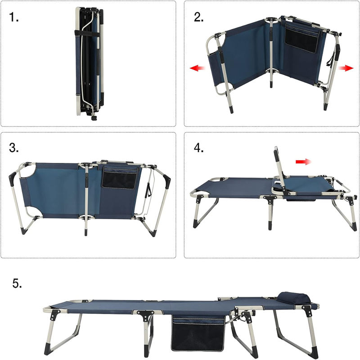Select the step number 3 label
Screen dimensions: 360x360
[x=15, y=148]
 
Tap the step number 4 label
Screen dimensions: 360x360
[x=199, y=148]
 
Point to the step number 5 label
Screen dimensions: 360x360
[x=17, y=283]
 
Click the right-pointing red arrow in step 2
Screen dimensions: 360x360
[x=346, y=68]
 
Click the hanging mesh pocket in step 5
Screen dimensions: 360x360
[x=198, y=335]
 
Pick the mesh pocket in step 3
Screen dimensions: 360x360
[x=119, y=178]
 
